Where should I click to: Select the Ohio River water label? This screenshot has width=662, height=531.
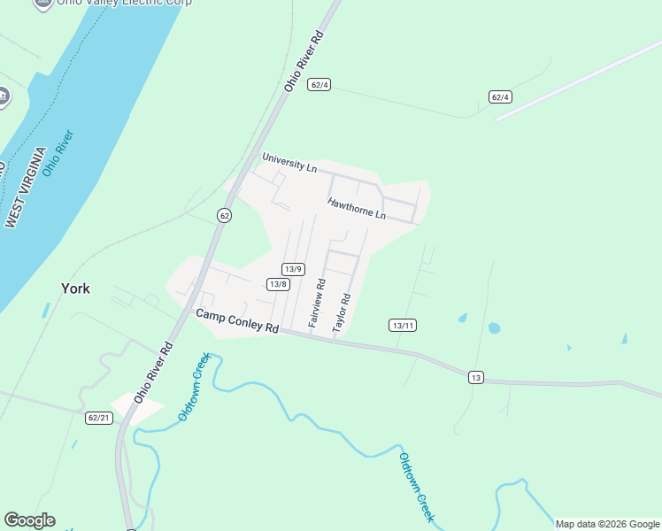[x=58, y=153]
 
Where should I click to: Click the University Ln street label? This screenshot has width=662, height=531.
[x=289, y=163]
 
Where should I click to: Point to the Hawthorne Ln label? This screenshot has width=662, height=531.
[x=357, y=209]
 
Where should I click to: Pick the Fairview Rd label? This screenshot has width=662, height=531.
[x=317, y=304]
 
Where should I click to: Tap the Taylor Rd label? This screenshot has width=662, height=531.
[x=342, y=313]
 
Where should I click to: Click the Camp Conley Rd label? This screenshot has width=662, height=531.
[x=236, y=320]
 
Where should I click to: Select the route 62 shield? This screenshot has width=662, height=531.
[x=224, y=216]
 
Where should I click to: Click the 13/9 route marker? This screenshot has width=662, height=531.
[x=294, y=269]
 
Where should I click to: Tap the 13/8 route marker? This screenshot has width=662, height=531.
[x=278, y=284]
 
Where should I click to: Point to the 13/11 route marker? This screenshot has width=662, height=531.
[x=403, y=326]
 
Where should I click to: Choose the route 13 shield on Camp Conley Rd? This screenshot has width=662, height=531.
[x=476, y=378]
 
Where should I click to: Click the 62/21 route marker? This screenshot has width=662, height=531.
[x=99, y=418]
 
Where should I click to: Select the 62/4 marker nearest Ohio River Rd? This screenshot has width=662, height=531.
[x=319, y=85]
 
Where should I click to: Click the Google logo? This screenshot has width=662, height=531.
[x=29, y=520]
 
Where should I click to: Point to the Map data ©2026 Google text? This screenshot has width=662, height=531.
[x=607, y=524]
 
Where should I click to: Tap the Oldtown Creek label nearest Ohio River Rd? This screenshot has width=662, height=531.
[x=193, y=386]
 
